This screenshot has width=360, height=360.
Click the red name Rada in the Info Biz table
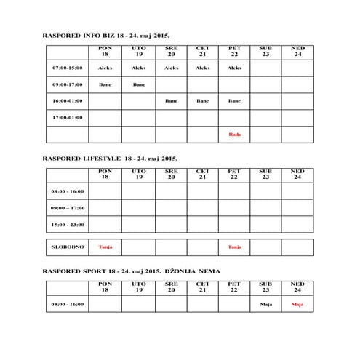(234, 135)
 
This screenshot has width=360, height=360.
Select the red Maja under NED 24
(297, 304)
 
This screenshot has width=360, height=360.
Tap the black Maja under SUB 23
(265, 304)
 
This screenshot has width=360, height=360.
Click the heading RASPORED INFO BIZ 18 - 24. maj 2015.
(111, 34)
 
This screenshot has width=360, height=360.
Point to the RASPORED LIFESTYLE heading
(110, 157)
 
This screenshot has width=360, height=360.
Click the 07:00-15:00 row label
(68, 68)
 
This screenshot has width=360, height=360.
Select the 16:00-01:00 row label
(68, 101)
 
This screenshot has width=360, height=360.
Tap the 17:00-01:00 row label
(68, 117)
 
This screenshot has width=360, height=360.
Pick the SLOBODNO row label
(68, 247)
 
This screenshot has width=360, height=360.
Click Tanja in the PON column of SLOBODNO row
(105, 247)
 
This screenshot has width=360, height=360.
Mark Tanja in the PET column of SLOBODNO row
(234, 247)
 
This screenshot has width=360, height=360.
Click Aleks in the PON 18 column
(105, 68)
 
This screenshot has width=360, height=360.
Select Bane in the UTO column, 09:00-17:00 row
(138, 84)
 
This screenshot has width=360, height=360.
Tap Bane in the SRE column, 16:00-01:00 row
(171, 101)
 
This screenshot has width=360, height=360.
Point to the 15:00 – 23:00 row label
(68, 224)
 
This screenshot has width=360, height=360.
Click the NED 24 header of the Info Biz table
(297, 52)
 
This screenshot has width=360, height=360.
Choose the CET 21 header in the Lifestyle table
(203, 175)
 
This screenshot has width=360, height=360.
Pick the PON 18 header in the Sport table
(105, 287)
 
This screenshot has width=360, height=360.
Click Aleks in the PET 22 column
(234, 68)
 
